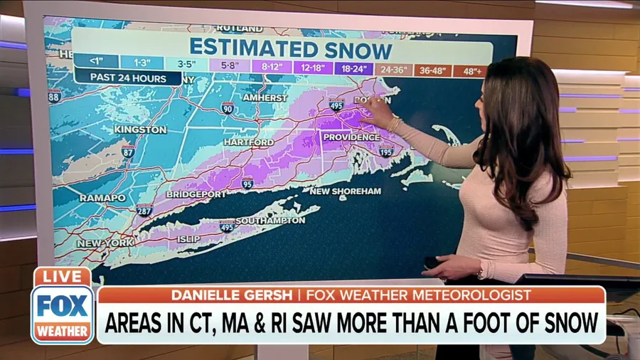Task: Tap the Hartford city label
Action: [248, 142]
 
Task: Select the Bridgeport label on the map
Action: [196, 194]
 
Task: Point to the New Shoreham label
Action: [346, 191]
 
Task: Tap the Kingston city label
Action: [140, 130]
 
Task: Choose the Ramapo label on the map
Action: [102, 198]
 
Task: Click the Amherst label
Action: [265, 97]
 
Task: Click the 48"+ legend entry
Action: [470, 71]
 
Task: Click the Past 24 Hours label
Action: [119, 78]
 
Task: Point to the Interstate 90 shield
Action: [228, 108]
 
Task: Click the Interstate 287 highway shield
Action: [144, 210]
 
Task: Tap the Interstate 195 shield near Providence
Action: [385, 152]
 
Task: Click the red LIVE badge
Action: [63, 276]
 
